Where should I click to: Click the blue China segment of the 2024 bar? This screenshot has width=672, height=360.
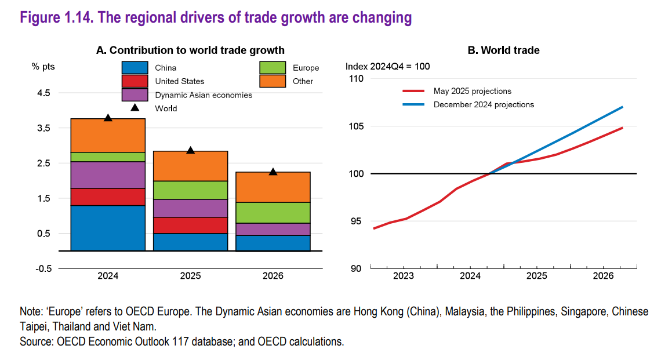click(108, 228)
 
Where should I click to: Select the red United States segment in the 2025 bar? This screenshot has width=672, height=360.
click(190, 225)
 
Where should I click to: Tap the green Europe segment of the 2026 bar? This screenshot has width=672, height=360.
click(273, 212)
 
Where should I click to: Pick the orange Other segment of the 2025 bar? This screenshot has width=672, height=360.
click(190, 166)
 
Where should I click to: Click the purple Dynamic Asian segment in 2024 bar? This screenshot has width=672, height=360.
click(108, 174)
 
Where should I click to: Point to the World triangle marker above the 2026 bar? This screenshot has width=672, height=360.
click(273, 172)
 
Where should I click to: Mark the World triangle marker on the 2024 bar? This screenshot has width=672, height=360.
click(108, 118)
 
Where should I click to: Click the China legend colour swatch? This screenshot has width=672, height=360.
click(135, 67)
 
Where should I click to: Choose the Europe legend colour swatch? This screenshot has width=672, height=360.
click(273, 67)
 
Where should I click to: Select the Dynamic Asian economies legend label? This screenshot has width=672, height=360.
click(204, 94)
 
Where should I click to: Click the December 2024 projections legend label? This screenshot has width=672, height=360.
click(484, 105)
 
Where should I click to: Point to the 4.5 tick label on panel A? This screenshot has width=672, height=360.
click(43, 93)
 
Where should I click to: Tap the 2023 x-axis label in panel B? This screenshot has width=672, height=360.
click(404, 276)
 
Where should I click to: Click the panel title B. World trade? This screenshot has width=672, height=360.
click(503, 50)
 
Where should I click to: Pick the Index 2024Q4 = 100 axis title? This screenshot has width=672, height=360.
click(387, 66)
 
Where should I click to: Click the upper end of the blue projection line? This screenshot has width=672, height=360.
click(622, 107)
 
